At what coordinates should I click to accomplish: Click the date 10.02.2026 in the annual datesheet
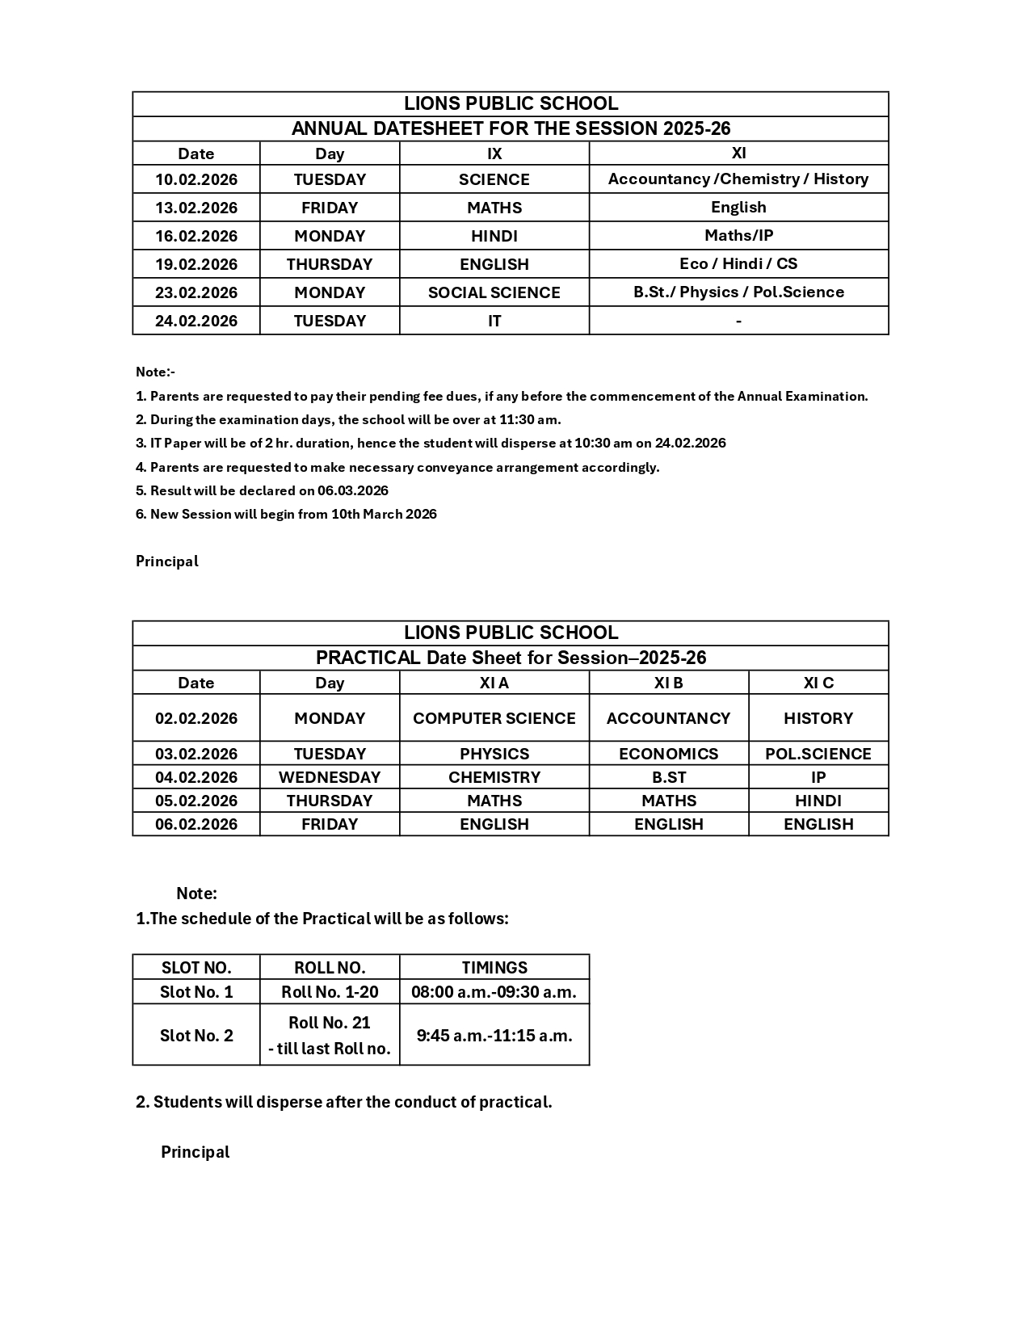point(196,179)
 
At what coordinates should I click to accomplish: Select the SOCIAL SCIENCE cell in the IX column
point(494,292)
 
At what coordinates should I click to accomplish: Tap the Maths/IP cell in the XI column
point(738,235)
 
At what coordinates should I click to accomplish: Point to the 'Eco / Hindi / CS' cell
point(738,263)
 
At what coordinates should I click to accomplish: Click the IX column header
point(494,153)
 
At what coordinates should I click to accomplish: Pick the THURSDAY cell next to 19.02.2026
point(329,264)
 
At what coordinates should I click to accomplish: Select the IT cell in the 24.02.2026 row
point(494,321)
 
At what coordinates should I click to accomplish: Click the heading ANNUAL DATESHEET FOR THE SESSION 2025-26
point(511,128)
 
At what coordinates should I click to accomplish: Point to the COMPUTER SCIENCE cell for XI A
point(494,718)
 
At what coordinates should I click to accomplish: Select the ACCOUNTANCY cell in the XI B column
point(668,718)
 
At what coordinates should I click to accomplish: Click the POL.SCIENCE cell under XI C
point(818,754)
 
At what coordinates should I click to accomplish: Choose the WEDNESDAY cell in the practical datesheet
point(329,777)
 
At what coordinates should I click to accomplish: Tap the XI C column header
point(818,683)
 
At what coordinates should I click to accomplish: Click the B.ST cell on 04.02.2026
point(668,777)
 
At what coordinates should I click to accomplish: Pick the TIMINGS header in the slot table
point(494,967)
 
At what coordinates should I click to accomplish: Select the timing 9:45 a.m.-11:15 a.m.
point(494,1035)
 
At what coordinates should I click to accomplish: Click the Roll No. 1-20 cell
point(329,991)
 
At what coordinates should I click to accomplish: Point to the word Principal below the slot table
point(195,1152)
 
